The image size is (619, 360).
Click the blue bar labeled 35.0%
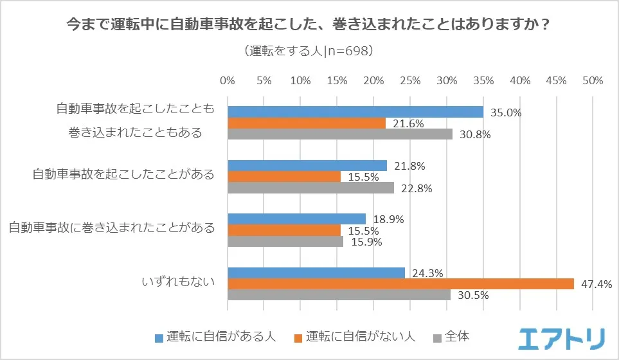click(355, 112)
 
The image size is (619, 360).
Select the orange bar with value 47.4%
click(400, 283)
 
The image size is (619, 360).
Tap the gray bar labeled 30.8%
click(340, 134)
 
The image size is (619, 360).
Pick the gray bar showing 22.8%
click(311, 188)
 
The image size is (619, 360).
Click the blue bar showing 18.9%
click(297, 219)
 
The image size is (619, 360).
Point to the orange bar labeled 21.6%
click(307, 123)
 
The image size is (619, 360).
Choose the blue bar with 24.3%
click(316, 273)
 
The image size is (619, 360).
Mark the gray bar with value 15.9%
click(285, 242)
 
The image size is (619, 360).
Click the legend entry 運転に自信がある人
click(215, 336)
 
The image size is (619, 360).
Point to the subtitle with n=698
click(309, 50)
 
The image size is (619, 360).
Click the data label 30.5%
click(474, 296)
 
